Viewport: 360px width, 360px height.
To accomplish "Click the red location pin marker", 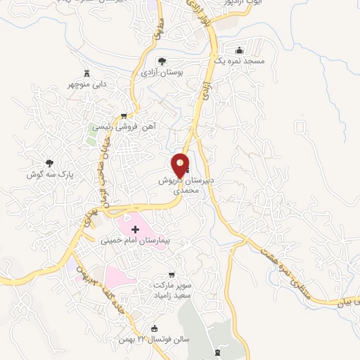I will point(181,166).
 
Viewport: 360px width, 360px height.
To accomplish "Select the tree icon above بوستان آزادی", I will point(162,61).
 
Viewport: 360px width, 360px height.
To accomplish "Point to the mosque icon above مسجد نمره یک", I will point(240,51).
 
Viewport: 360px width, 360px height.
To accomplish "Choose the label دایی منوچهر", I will point(86,84).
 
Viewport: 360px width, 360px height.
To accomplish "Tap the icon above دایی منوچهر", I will point(86,73).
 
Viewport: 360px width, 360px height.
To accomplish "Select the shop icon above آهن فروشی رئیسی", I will point(124,116).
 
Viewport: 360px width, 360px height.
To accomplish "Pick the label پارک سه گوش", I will point(50,174).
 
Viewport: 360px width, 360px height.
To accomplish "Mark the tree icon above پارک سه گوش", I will point(49,162).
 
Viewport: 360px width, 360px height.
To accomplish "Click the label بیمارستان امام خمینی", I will point(136,240).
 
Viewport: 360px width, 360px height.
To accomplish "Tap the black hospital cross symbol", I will point(136,229).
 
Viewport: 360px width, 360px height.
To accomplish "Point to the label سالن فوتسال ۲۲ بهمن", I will point(157,340).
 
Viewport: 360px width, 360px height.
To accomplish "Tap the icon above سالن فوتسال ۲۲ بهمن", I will point(155,328).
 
